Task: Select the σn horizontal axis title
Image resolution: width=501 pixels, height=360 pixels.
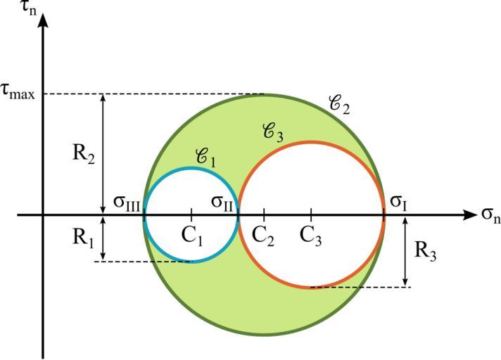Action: pos(490,215)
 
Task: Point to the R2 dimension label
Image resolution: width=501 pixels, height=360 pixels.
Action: pos(84,154)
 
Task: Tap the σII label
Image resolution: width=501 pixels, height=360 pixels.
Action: pos(224,202)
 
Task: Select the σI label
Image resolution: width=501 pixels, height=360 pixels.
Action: pos(398,204)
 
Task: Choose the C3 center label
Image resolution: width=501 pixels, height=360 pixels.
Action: pos(311,235)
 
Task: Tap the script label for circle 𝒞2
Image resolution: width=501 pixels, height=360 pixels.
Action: pos(339,105)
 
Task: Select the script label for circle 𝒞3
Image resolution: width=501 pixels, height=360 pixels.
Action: pos(272,131)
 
